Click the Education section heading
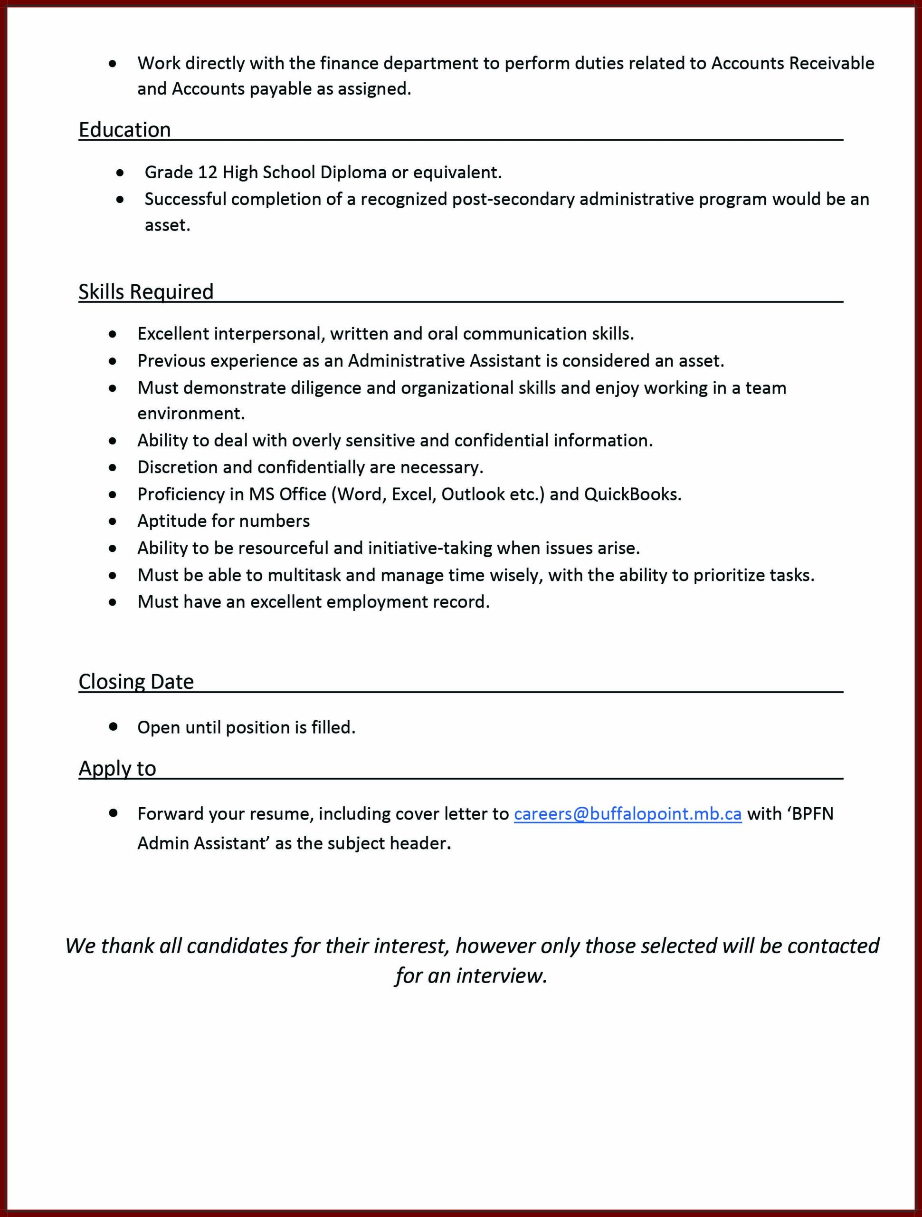point(125,130)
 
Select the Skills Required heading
point(146,291)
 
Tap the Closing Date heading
point(136,682)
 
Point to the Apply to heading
point(117,768)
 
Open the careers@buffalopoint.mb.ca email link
point(627,814)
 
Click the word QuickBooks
point(632,494)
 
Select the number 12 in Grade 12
point(208,173)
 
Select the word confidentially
point(311,467)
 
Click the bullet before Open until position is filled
point(113,727)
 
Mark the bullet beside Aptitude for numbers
point(113,521)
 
